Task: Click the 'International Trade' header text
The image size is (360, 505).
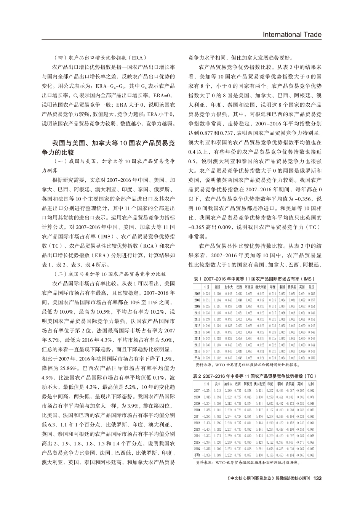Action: point(292,35)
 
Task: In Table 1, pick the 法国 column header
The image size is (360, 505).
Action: point(311,287)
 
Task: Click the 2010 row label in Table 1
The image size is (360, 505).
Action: point(197,313)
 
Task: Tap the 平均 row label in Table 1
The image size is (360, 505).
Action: point(197,358)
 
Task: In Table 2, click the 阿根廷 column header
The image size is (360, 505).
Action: point(249,384)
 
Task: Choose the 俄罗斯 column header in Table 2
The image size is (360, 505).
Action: point(290,384)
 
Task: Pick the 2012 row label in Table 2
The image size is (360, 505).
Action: point(197,423)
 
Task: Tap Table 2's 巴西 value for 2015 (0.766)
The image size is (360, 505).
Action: point(238,442)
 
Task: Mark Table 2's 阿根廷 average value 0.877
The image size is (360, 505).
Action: point(249,455)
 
